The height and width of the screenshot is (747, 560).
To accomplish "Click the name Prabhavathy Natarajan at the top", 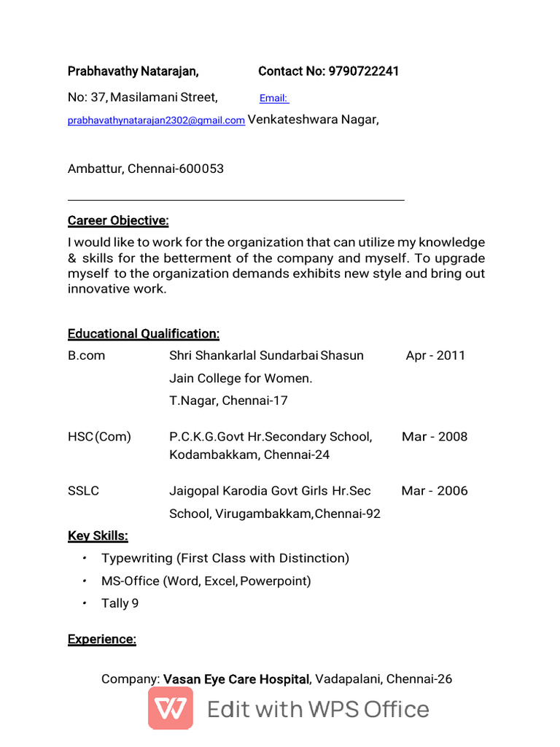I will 133,71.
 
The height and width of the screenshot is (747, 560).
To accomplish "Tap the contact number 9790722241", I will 363,71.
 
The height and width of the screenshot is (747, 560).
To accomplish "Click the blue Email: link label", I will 273,98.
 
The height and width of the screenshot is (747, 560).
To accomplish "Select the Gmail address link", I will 156,121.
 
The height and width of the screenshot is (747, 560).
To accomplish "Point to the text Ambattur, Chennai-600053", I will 146,169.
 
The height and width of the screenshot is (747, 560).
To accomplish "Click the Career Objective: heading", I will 118,221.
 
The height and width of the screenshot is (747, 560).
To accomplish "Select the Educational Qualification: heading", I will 144,334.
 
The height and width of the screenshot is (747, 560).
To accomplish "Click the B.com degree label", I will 86,356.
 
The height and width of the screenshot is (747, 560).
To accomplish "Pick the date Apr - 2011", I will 435,356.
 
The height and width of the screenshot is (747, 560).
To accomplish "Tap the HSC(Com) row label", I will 99,437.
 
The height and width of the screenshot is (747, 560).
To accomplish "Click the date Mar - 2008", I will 435,437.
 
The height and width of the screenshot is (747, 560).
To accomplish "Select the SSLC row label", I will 83,491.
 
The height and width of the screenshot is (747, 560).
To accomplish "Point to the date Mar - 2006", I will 435,491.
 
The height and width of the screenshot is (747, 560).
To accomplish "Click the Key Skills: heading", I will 98,536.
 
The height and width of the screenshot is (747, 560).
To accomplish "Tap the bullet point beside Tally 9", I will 85,603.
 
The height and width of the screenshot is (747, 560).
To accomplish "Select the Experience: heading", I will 102,640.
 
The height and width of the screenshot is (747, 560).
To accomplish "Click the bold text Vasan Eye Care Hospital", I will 236,679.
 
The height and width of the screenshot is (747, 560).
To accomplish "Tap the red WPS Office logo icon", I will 171,708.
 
